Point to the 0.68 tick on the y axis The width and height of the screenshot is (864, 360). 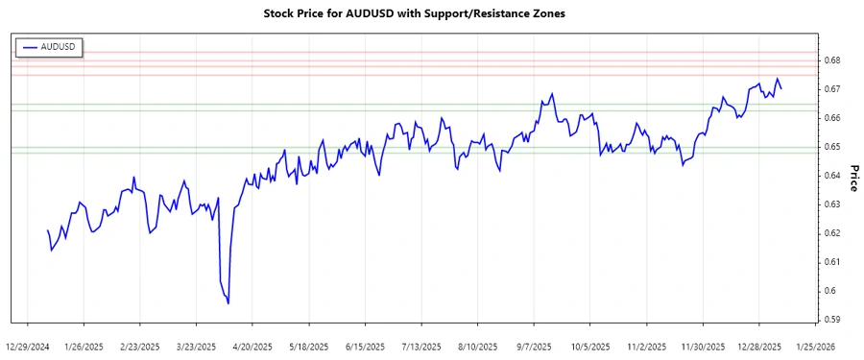831,60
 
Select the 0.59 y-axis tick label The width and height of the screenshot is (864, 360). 831,320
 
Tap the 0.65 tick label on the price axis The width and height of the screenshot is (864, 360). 831,147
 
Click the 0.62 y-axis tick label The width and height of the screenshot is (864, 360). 831,233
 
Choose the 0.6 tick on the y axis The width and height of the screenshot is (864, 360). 828,291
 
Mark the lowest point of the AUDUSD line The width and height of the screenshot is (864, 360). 228,303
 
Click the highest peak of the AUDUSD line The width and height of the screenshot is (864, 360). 777,79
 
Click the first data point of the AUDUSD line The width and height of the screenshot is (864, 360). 47,229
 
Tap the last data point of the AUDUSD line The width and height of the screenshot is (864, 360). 781,89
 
